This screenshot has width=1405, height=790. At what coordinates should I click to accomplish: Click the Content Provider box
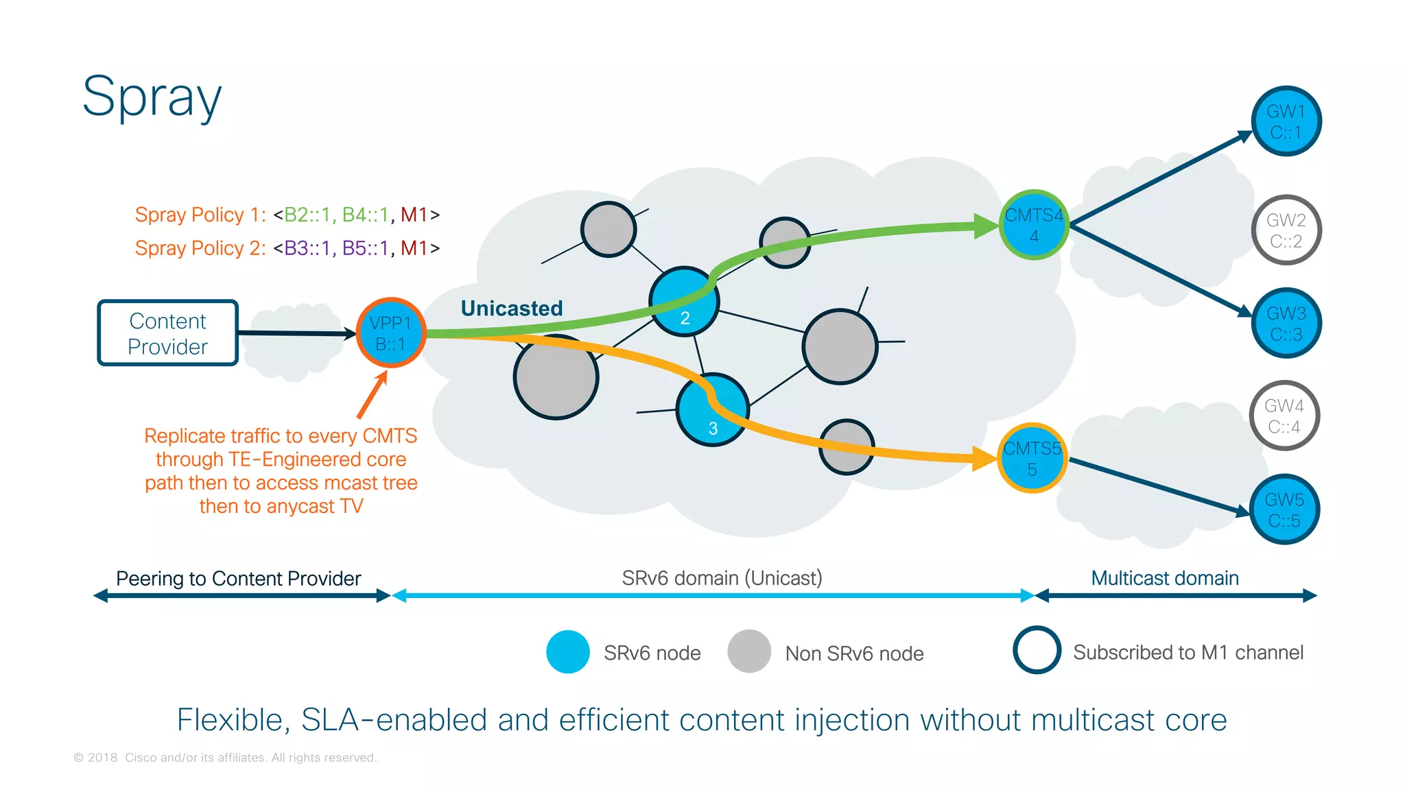[168, 333]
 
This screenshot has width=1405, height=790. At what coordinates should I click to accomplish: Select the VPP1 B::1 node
[391, 333]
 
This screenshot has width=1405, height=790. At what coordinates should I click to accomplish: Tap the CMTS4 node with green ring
[1034, 225]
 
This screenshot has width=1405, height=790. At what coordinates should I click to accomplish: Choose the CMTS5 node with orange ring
[1032, 458]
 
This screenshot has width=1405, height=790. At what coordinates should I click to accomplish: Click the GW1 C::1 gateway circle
[1286, 121]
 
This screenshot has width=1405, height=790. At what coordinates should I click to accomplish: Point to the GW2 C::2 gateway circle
[1286, 230]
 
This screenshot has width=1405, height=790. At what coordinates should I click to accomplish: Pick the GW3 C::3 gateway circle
[1286, 323]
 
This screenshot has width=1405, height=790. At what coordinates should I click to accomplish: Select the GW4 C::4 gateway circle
[1284, 416]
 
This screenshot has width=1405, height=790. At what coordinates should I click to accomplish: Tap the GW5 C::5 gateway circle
[1284, 510]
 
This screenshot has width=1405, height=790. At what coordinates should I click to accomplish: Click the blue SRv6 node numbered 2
[684, 302]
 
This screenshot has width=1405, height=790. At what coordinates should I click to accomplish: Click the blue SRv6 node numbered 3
[712, 410]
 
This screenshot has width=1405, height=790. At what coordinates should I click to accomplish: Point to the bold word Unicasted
[512, 309]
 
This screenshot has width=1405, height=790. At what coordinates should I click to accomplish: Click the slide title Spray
[152, 97]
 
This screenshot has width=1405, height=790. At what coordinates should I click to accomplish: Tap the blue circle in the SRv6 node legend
[568, 651]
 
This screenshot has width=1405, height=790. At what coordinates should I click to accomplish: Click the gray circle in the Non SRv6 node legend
[749, 651]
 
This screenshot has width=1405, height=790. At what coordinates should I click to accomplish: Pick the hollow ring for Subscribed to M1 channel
[1037, 650]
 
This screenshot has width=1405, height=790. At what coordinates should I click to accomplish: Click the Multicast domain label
[1165, 578]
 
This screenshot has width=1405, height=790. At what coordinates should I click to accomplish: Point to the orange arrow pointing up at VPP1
[373, 394]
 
